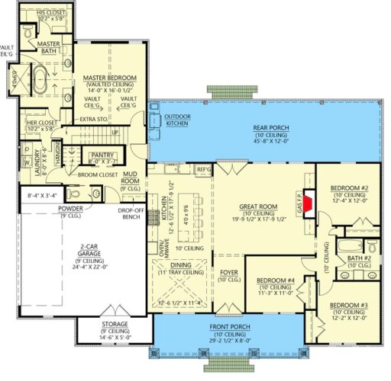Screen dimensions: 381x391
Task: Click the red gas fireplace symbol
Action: point(309,205)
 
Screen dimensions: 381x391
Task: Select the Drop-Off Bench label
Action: point(128,214)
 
